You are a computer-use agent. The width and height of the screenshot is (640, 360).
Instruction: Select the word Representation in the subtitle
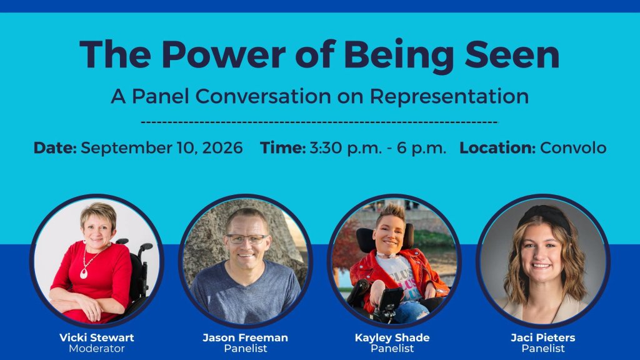tap(449, 96)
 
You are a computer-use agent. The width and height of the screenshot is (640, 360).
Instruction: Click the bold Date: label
tap(55, 147)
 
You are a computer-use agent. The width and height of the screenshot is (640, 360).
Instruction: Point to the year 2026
tap(222, 147)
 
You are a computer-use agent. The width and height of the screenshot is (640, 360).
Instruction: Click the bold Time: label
tap(283, 147)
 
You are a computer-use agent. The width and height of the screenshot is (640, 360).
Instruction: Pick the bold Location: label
tap(497, 147)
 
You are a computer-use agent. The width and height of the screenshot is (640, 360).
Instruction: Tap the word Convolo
tap(574, 147)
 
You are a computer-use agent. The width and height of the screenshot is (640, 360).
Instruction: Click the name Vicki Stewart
tap(97, 337)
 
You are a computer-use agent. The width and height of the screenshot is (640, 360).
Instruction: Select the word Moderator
tap(97, 349)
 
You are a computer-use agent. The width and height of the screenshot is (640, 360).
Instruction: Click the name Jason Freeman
tap(245, 337)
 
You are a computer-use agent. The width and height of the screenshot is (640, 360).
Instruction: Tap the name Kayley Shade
tap(392, 338)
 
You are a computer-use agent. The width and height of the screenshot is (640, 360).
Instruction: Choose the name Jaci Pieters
tap(543, 337)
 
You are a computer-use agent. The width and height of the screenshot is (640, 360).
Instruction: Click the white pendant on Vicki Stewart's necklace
tap(84, 273)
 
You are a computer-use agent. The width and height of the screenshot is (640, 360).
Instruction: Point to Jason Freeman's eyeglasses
tap(247, 239)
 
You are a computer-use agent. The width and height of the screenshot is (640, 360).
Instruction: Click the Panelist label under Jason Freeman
tap(245, 349)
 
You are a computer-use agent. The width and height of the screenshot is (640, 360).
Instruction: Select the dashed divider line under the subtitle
tap(319, 122)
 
